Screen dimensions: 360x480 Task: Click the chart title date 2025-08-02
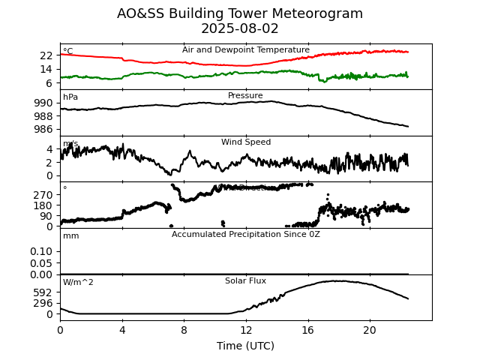(x=240, y=29)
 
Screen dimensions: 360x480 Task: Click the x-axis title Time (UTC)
(x=245, y=346)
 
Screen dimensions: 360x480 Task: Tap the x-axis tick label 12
(x=245, y=331)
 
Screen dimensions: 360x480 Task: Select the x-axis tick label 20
(x=369, y=331)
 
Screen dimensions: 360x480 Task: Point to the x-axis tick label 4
(x=121, y=331)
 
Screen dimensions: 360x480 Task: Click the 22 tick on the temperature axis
(x=46, y=55)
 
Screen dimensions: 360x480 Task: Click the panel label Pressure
(x=245, y=96)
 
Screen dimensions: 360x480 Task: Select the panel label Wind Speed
(x=245, y=142)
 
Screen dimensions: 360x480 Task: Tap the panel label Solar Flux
(x=245, y=281)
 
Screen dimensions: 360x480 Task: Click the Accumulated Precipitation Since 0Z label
(x=245, y=235)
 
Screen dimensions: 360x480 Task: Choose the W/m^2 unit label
(x=78, y=283)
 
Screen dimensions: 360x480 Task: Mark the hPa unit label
(x=70, y=97)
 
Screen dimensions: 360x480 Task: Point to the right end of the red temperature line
(x=408, y=52)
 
